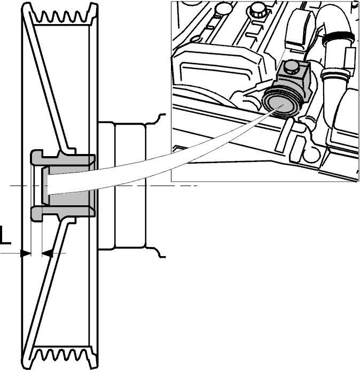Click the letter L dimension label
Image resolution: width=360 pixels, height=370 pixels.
click(5, 235)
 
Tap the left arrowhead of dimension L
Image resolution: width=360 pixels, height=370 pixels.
click(26, 253)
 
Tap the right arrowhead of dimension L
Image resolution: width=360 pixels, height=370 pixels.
click(47, 253)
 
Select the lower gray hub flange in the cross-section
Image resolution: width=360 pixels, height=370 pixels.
click(63, 212)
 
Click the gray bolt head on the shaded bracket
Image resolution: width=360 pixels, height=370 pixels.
click(291, 66)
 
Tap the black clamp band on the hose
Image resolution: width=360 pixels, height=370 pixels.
click(339, 36)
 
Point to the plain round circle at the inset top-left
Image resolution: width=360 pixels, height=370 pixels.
click(221, 8)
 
